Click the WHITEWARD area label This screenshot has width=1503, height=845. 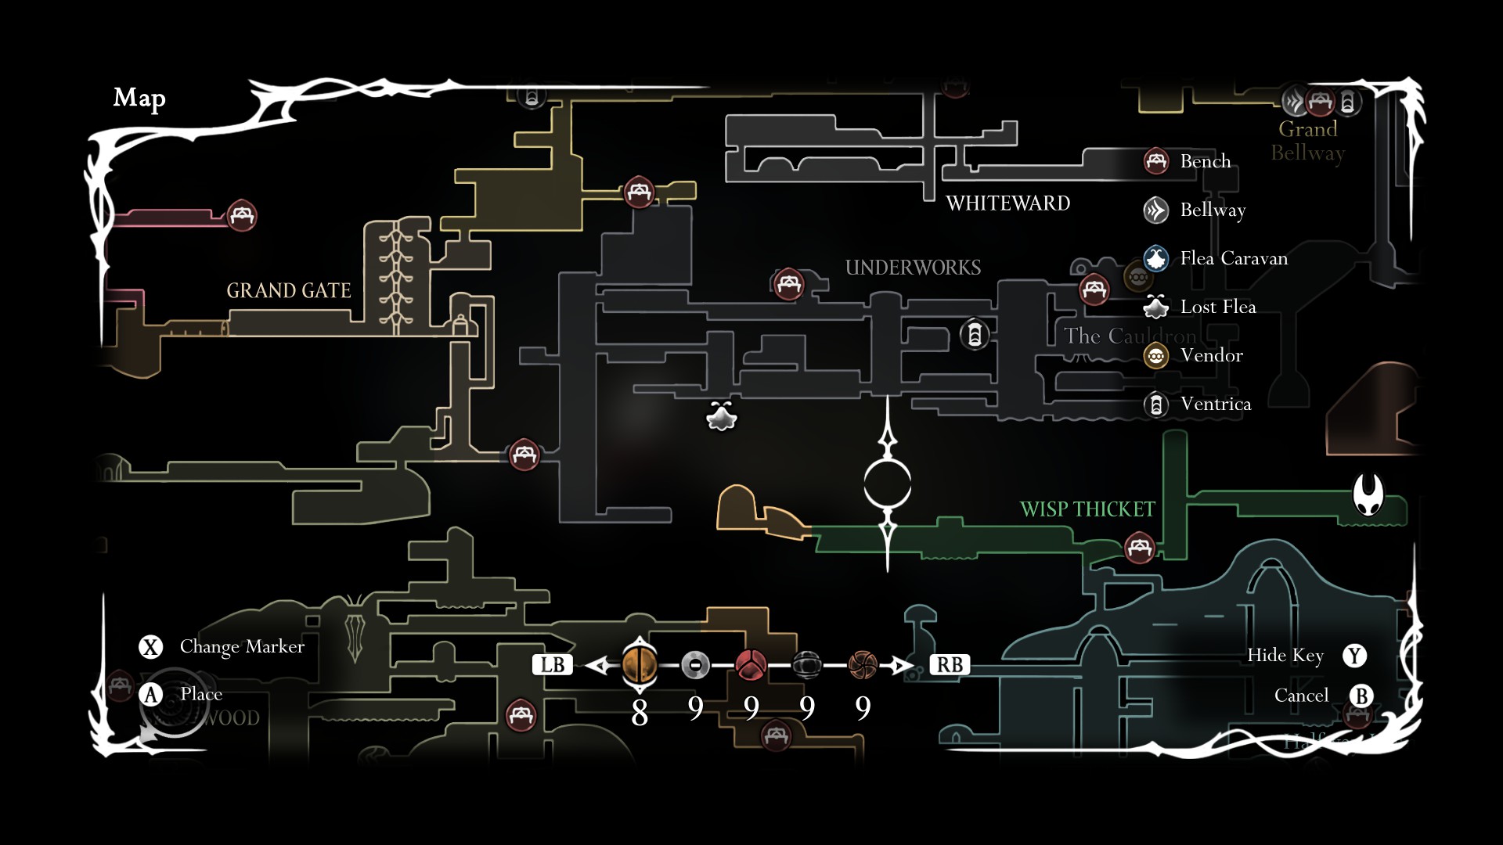pyautogui.click(x=1007, y=203)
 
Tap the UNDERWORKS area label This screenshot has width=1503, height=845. pyautogui.click(x=913, y=268)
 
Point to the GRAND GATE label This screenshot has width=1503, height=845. pyautogui.click(x=288, y=291)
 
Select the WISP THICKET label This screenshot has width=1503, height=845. pyautogui.click(x=1087, y=509)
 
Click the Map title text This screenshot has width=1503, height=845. pyautogui.click(x=139, y=98)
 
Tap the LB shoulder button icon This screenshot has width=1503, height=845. pyautogui.click(x=553, y=665)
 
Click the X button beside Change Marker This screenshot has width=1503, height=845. pyautogui.click(x=150, y=647)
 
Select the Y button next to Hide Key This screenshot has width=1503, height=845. pyautogui.click(x=1354, y=656)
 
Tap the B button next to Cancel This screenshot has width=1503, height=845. pyautogui.click(x=1361, y=696)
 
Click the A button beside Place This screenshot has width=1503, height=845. pyautogui.click(x=150, y=694)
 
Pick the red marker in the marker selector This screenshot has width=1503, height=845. pyautogui.click(x=751, y=665)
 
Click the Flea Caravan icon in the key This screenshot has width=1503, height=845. pyautogui.click(x=1156, y=258)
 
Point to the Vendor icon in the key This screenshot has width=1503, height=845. pyautogui.click(x=1156, y=356)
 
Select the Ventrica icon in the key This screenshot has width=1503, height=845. pyautogui.click(x=1156, y=405)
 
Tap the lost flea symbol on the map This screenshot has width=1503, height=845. pyautogui.click(x=721, y=416)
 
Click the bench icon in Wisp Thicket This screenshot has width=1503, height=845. pyautogui.click(x=1139, y=547)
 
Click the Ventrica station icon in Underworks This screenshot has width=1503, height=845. pyautogui.click(x=975, y=335)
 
